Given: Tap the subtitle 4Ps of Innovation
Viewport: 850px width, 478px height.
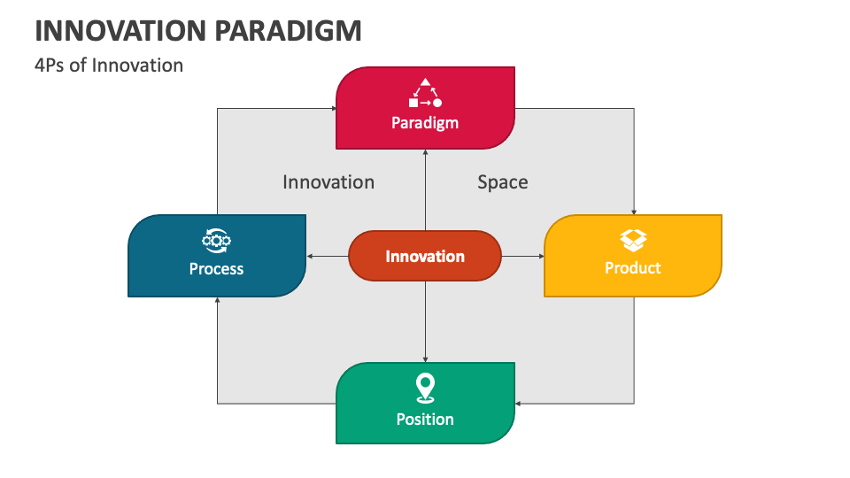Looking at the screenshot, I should point(109,65).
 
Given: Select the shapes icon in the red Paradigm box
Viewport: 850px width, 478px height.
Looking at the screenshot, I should point(425,93).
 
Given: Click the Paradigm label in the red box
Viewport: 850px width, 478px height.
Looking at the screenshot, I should point(425,123).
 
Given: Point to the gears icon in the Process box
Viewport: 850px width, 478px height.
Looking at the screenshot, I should point(217,239).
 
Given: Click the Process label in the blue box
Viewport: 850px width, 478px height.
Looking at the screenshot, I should point(216,268).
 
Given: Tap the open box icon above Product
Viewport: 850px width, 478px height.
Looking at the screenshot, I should point(633,239).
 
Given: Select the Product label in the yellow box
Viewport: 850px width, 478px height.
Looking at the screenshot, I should point(632,267).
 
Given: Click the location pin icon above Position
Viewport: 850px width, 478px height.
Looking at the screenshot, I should point(425,388).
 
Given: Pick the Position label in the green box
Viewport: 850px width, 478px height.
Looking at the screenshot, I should point(425,419).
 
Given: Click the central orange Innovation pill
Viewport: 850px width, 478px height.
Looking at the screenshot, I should point(425,257).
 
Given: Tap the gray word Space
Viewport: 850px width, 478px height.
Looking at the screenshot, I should point(503,182).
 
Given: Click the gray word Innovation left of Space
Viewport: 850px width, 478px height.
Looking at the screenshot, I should point(328,182).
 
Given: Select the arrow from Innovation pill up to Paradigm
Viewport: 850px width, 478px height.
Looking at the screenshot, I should point(426,190).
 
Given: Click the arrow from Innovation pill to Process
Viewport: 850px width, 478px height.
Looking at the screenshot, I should point(328,257).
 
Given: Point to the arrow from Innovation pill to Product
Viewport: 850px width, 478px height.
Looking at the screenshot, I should point(522,257).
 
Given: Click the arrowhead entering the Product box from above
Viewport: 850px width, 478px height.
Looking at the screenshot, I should point(634,211).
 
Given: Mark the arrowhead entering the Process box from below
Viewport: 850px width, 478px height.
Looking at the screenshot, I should point(218,301).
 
